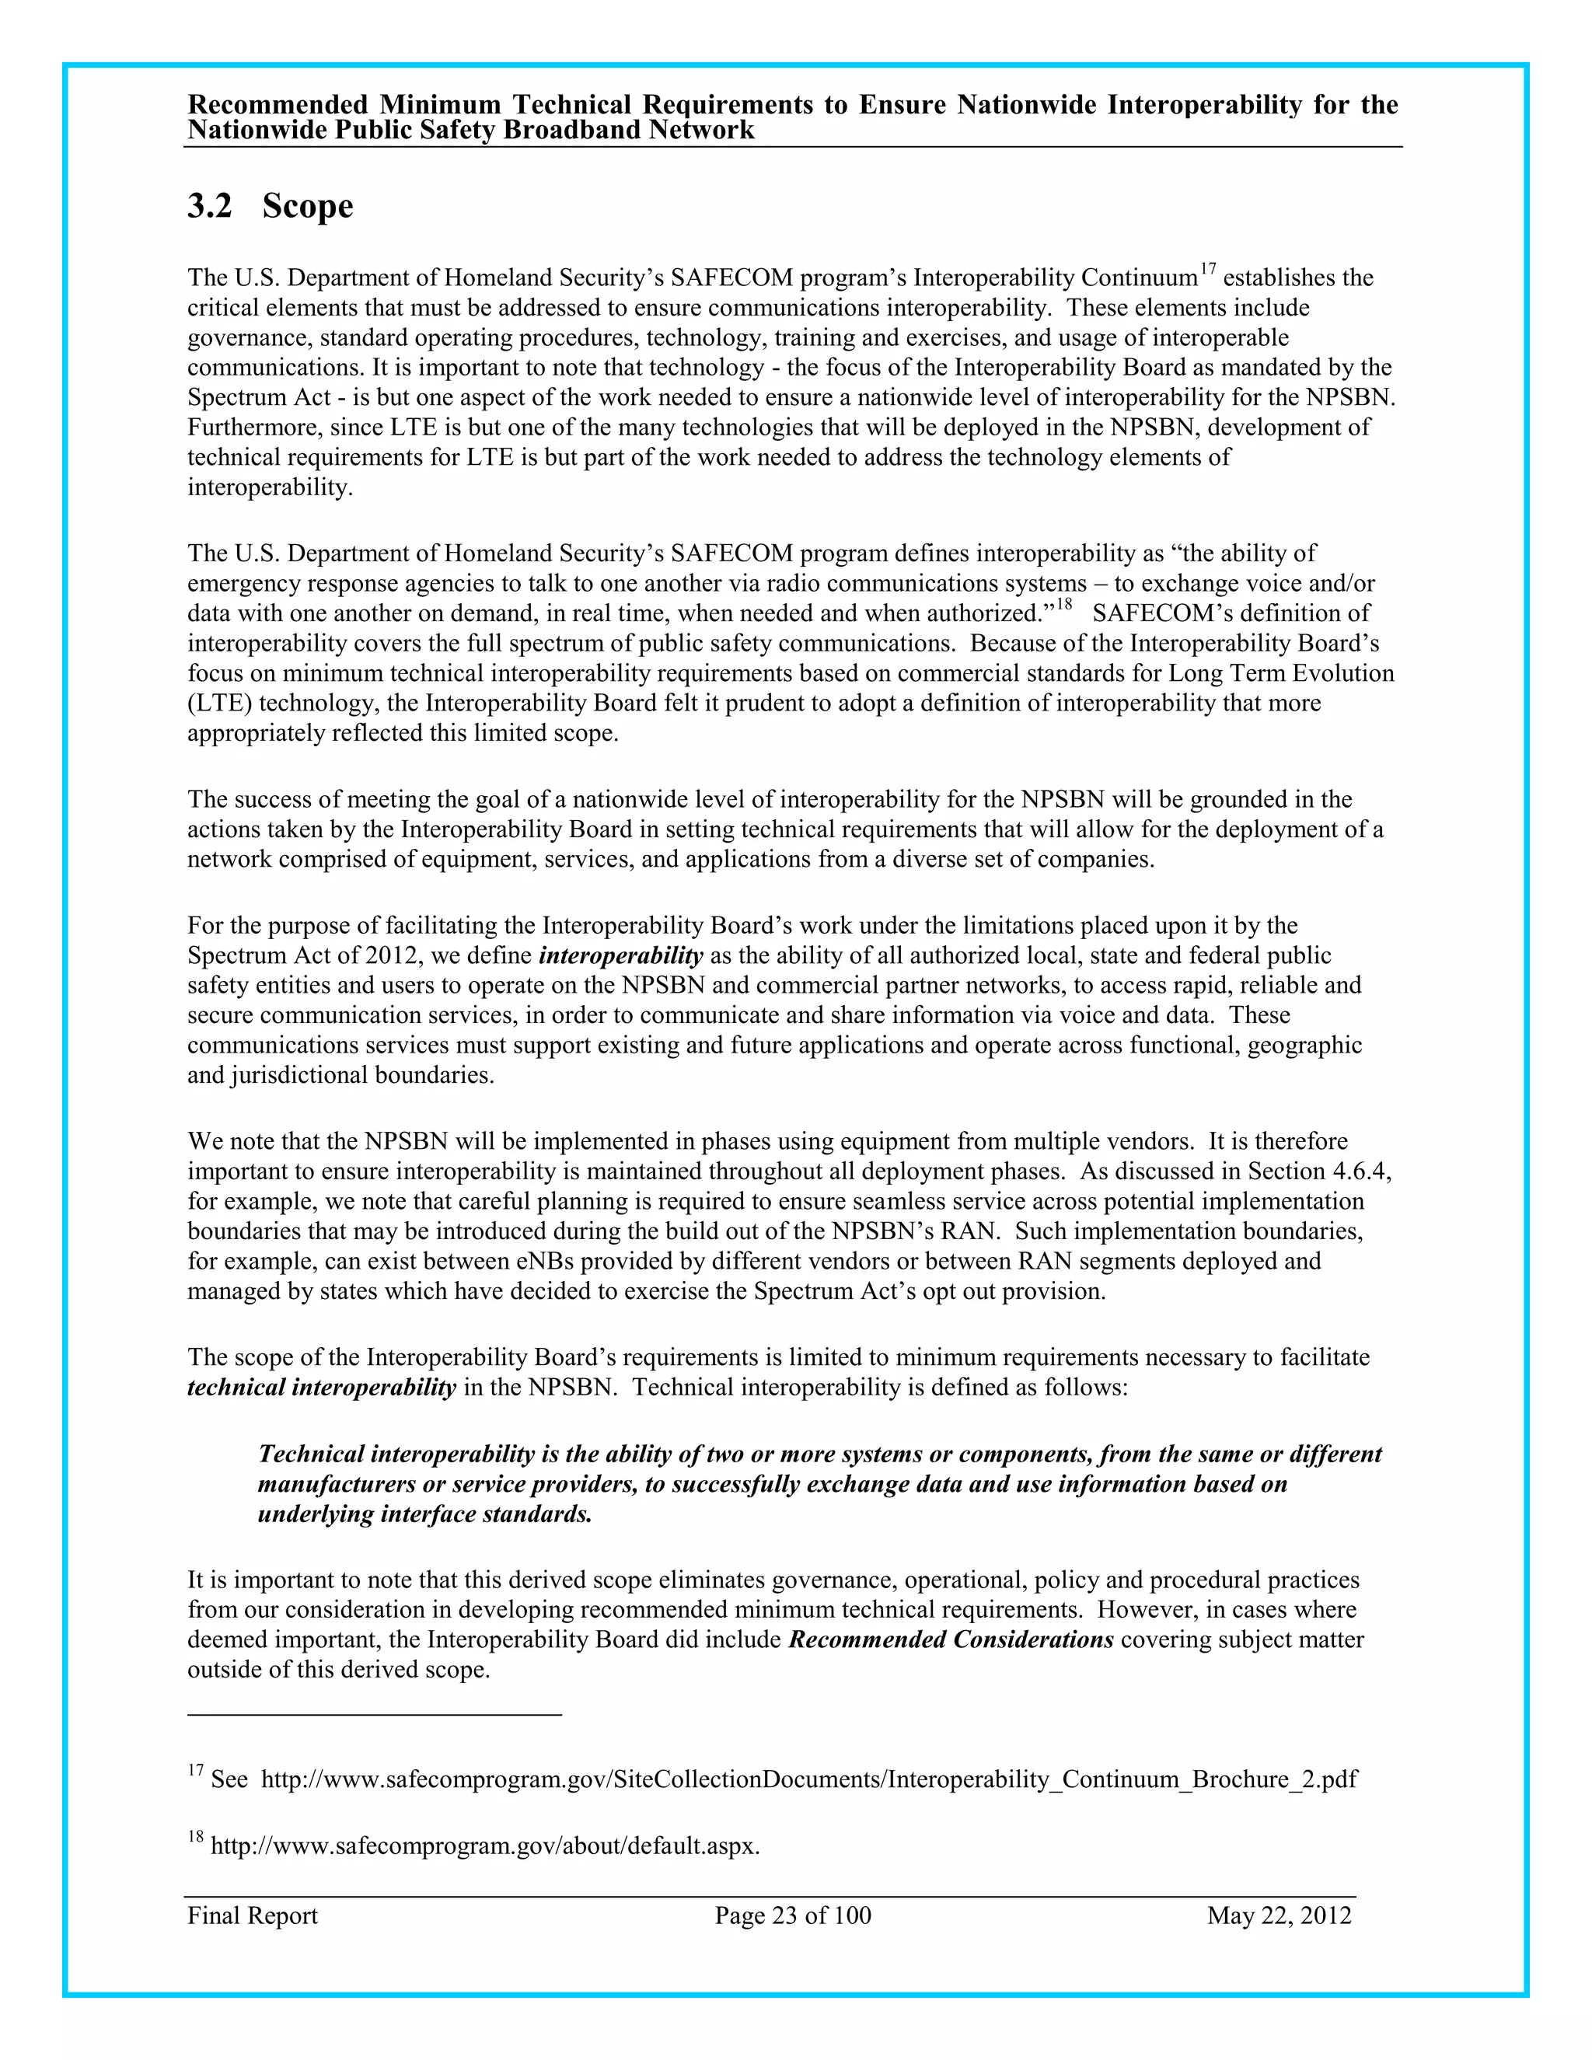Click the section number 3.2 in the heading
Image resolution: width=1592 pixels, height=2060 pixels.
tap(209, 207)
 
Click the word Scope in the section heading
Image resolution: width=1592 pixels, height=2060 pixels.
tap(308, 207)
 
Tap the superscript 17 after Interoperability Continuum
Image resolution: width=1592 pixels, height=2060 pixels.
tap(1207, 271)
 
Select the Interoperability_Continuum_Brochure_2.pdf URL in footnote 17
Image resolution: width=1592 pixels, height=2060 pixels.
tap(808, 1780)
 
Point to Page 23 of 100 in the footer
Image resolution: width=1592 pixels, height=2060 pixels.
tap(792, 1915)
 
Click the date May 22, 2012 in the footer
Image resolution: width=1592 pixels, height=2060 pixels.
tap(1278, 1915)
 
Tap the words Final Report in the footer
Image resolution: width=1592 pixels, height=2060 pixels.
tap(252, 1915)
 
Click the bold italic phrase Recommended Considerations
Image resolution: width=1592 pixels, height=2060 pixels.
tap(951, 1639)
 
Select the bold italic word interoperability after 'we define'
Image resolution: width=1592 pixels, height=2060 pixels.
tap(620, 955)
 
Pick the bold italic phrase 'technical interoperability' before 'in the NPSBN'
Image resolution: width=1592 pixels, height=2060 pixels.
tap(322, 1388)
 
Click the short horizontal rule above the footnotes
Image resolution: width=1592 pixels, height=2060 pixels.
tap(375, 1714)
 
